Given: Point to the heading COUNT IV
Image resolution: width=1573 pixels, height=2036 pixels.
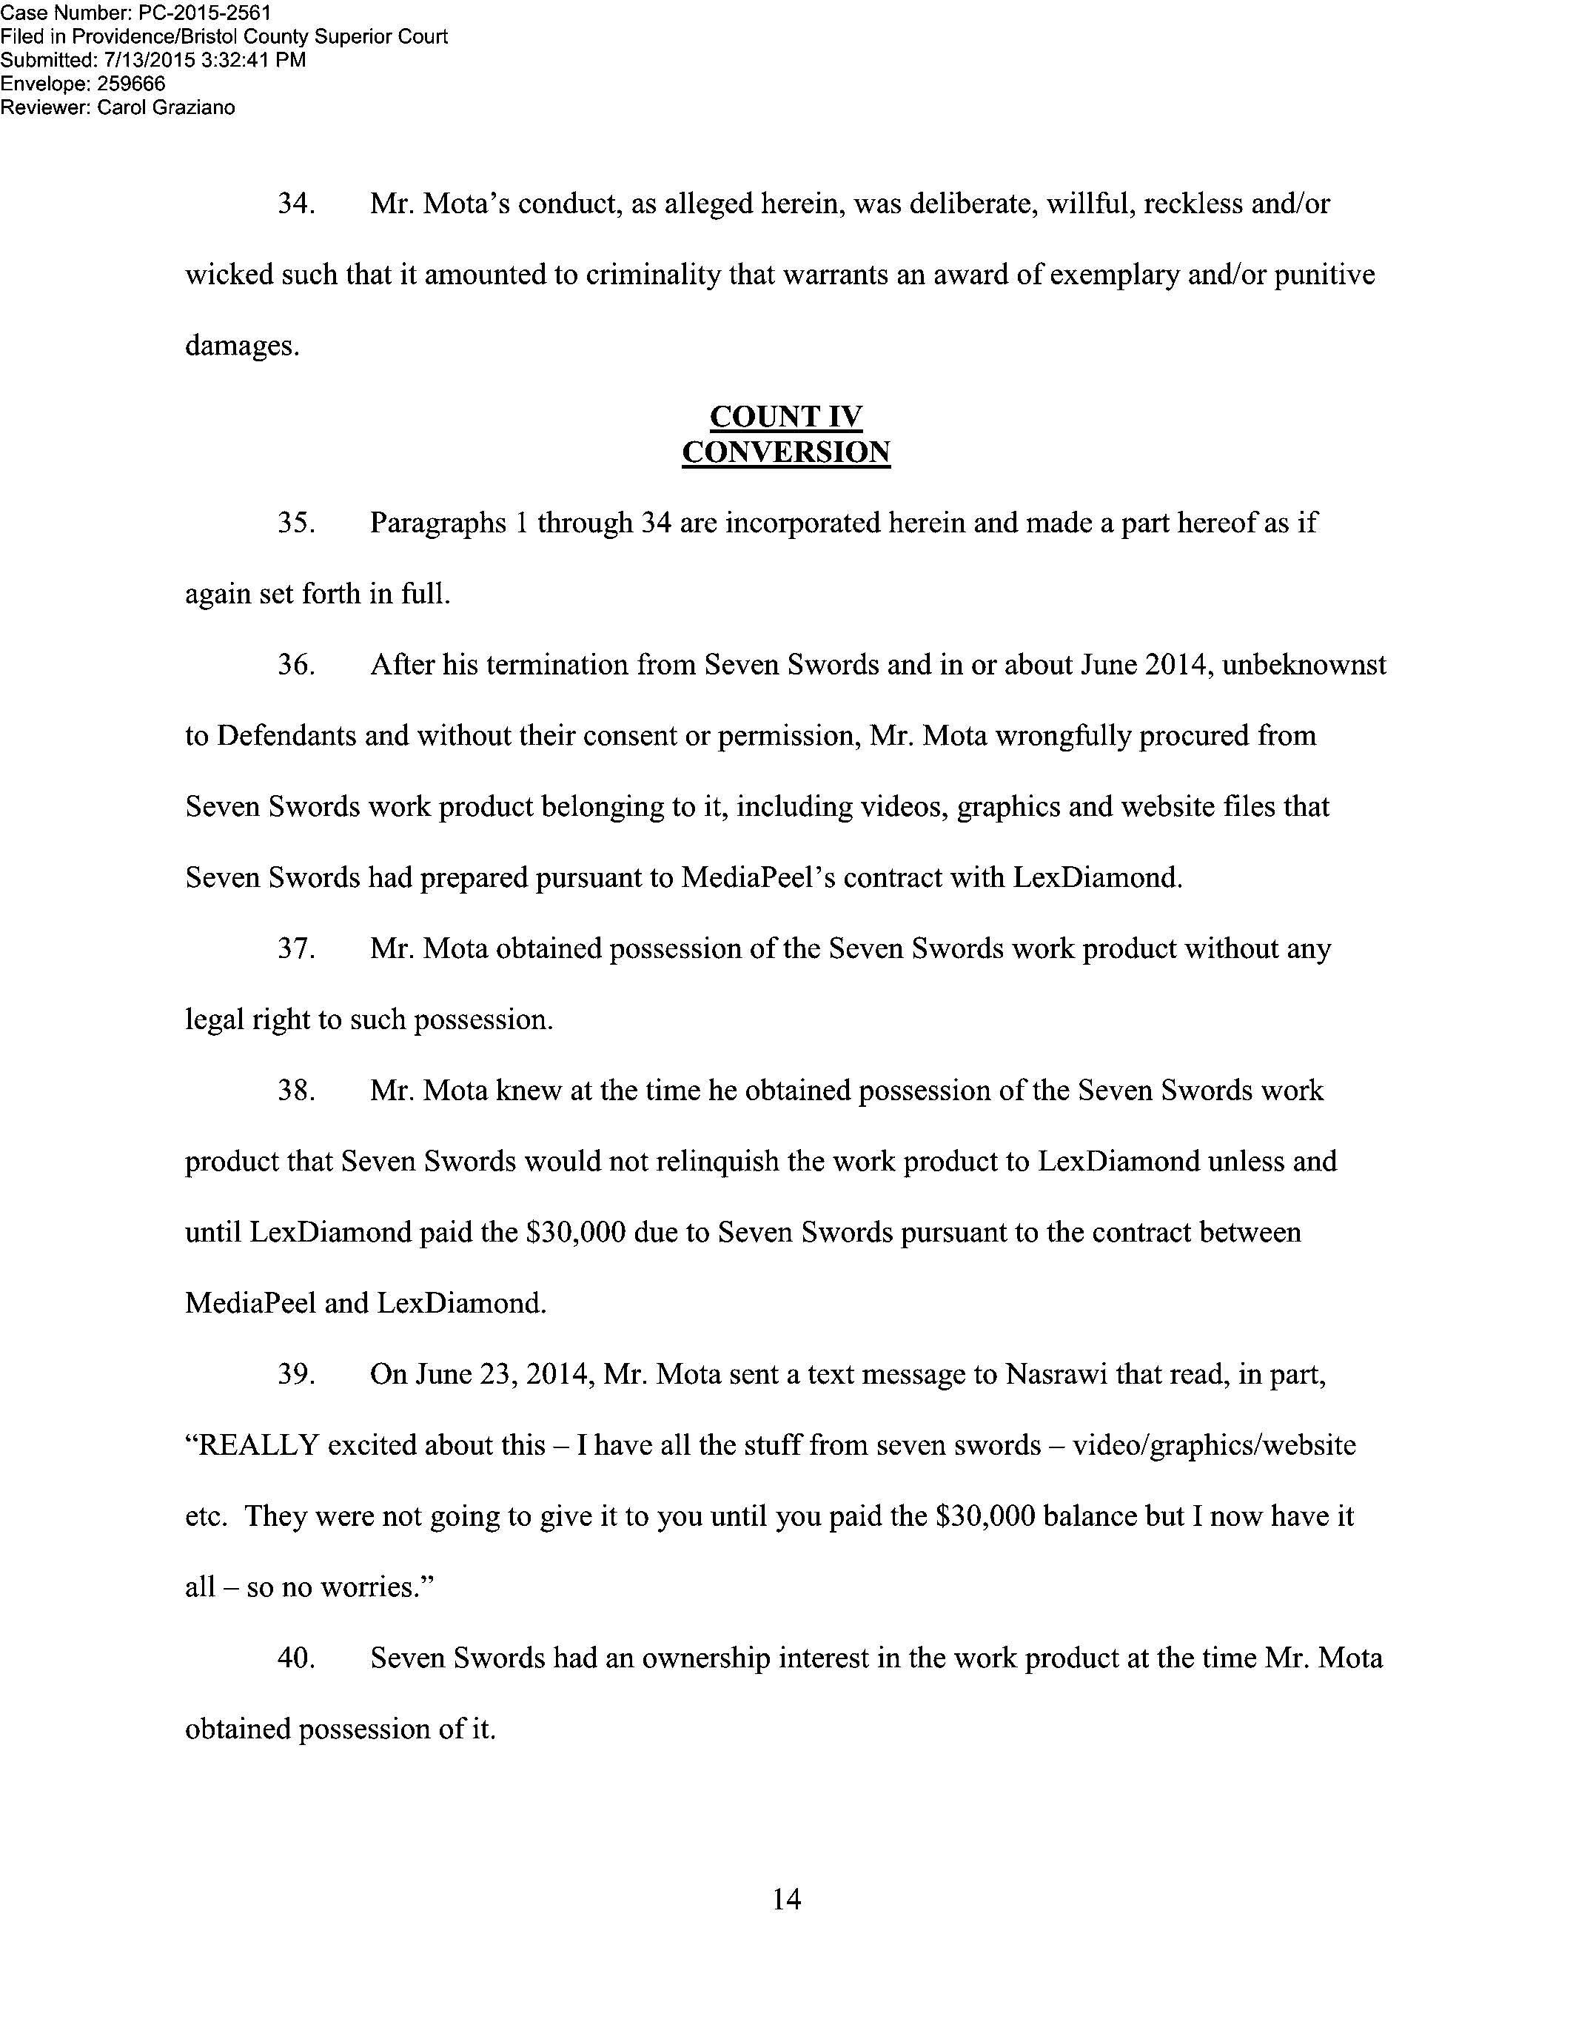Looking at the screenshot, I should coord(785,417).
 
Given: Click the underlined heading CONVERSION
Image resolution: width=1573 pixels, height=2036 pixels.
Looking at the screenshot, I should coord(785,452).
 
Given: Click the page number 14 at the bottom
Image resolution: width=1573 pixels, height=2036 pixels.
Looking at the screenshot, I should coord(785,1899).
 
